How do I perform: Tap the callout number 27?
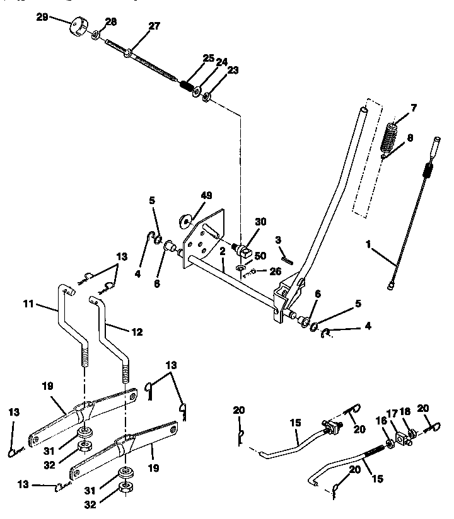pyautogui.click(x=154, y=26)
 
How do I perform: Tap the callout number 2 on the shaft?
pyautogui.click(x=222, y=250)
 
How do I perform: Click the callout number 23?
pyautogui.click(x=233, y=71)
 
